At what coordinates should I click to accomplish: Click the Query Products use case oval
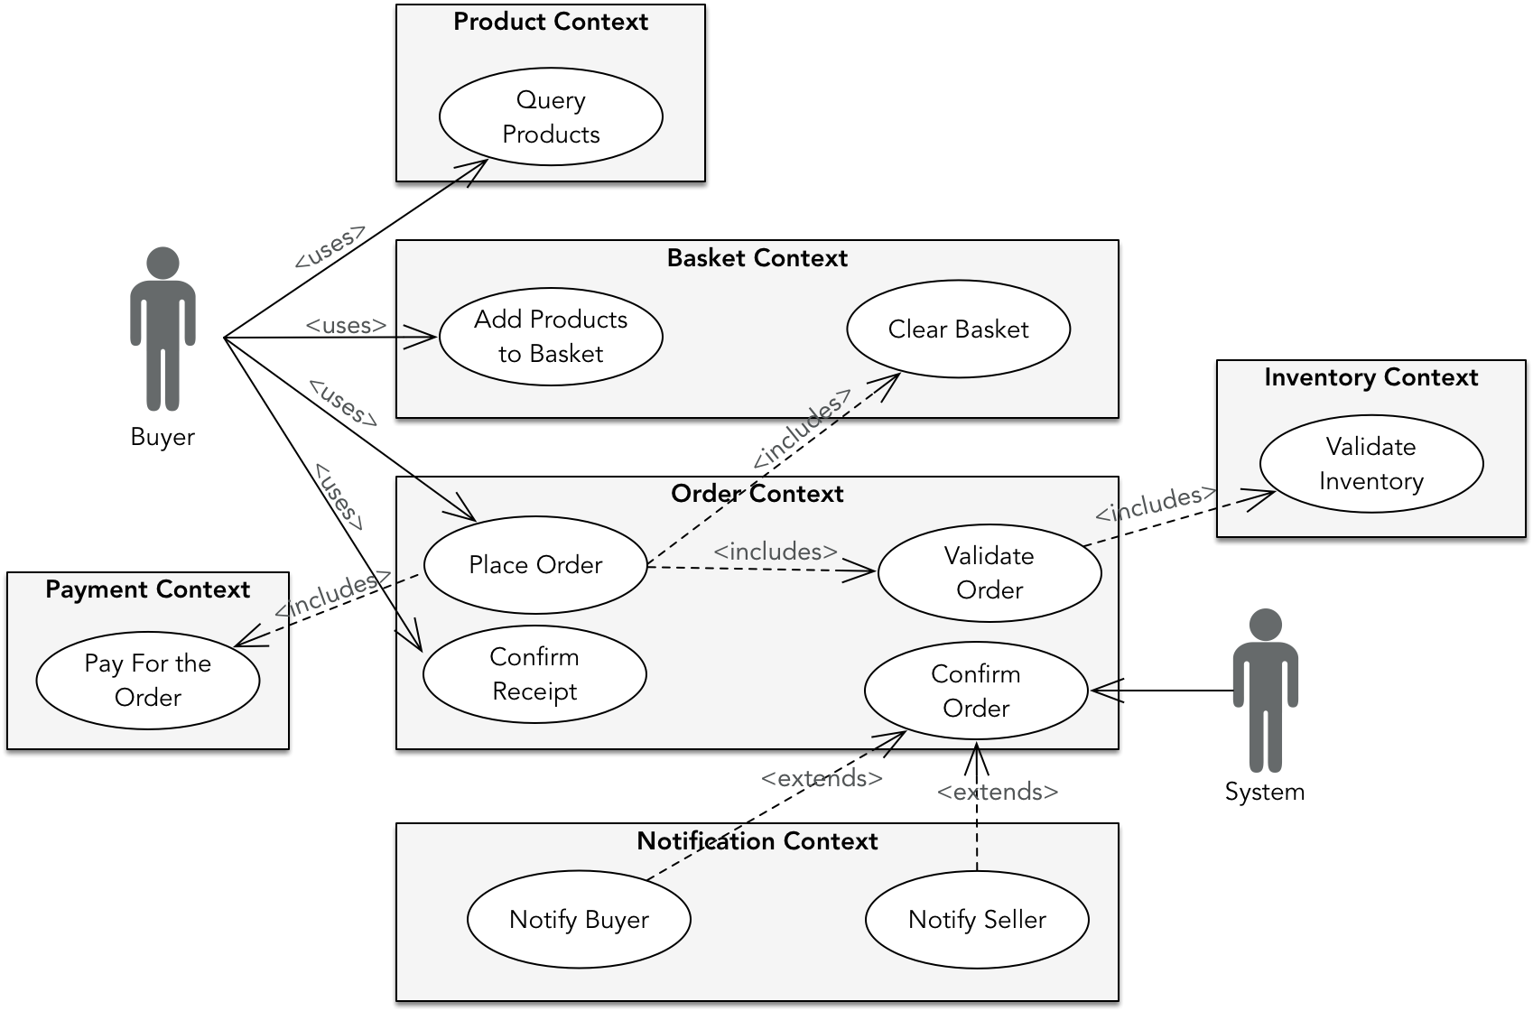pyautogui.click(x=551, y=117)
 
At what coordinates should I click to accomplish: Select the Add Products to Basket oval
pyautogui.click(x=551, y=337)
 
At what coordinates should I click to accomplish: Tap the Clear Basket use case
pyautogui.click(x=958, y=329)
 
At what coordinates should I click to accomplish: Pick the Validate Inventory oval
pyautogui.click(x=1370, y=464)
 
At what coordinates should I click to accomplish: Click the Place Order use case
pyautogui.click(x=535, y=565)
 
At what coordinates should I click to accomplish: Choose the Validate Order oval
pyautogui.click(x=989, y=573)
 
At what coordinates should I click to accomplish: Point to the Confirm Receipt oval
pyautogui.click(x=534, y=674)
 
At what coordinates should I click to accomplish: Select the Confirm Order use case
pyautogui.click(x=976, y=691)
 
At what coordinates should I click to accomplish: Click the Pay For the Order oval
pyautogui.click(x=148, y=681)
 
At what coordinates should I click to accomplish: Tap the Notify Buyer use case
pyautogui.click(x=579, y=920)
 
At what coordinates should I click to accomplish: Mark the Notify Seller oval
pyautogui.click(x=977, y=920)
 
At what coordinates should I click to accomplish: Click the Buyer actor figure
pyautogui.click(x=163, y=329)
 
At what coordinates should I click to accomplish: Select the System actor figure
pyautogui.click(x=1265, y=691)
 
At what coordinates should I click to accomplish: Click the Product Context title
pyautogui.click(x=551, y=23)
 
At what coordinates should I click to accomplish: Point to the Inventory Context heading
pyautogui.click(x=1370, y=377)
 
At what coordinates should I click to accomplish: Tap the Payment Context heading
pyautogui.click(x=147, y=589)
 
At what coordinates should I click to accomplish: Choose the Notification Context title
pyautogui.click(x=757, y=841)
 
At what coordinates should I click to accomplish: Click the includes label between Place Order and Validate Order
pyautogui.click(x=776, y=552)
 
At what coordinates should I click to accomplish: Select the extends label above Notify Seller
pyautogui.click(x=997, y=793)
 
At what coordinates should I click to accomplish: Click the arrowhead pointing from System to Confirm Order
pyautogui.click(x=1103, y=691)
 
